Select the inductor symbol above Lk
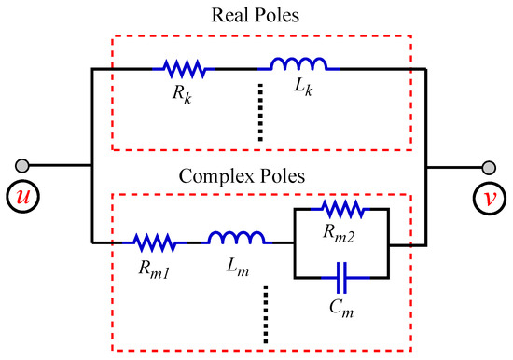point(298,66)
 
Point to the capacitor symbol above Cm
point(340,276)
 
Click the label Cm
point(341,300)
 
